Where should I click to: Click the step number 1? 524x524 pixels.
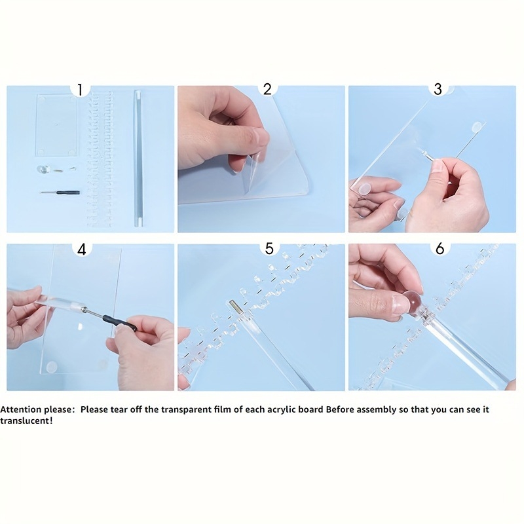tap(79, 90)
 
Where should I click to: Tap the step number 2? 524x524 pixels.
tap(267, 89)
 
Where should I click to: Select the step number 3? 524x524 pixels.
tap(438, 89)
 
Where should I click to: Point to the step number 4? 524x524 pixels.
tap(82, 250)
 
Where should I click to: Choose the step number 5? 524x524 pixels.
tap(269, 249)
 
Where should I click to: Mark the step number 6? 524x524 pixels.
tap(440, 249)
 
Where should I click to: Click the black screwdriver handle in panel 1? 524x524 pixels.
tap(68, 193)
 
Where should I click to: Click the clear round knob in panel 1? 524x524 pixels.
tap(43, 169)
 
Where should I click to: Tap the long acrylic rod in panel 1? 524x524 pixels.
tap(138, 158)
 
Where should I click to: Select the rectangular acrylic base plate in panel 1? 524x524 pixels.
tap(56, 126)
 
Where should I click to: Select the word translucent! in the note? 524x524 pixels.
tap(26, 421)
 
